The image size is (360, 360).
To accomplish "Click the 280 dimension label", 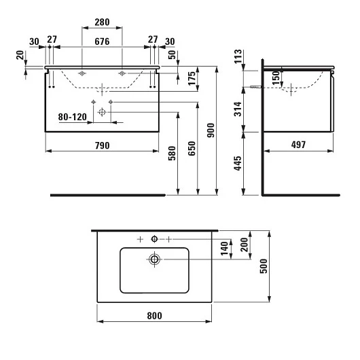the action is click(x=102, y=22).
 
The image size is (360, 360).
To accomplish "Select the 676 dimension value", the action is click(x=102, y=41).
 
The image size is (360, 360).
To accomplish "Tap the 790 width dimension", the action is click(x=102, y=145).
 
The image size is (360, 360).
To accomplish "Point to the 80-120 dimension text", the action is click(x=72, y=117).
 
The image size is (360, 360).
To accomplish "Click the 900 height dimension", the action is click(x=211, y=130).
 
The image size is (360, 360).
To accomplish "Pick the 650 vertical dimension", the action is click(x=192, y=149).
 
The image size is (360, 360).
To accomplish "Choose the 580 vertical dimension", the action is click(x=172, y=153).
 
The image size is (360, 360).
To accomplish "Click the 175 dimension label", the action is click(x=192, y=79).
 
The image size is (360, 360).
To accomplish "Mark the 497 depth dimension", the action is click(x=298, y=145).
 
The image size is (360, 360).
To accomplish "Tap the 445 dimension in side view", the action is click(x=238, y=163).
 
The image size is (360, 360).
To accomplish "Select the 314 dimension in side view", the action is click(x=238, y=109).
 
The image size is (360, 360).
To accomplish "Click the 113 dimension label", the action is click(x=238, y=56).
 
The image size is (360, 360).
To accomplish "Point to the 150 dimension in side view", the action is click(x=276, y=78).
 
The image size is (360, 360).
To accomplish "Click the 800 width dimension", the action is click(x=154, y=316).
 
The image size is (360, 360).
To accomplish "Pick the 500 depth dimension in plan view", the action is click(x=264, y=266).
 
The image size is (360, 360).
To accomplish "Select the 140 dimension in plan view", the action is click(x=224, y=249).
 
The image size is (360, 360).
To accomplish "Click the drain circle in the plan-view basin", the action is click(x=154, y=259).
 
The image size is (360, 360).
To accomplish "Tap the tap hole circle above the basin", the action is click(x=154, y=239).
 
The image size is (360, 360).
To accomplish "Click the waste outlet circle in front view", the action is click(x=102, y=112).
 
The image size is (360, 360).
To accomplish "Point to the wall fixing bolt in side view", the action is click(x=255, y=87).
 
